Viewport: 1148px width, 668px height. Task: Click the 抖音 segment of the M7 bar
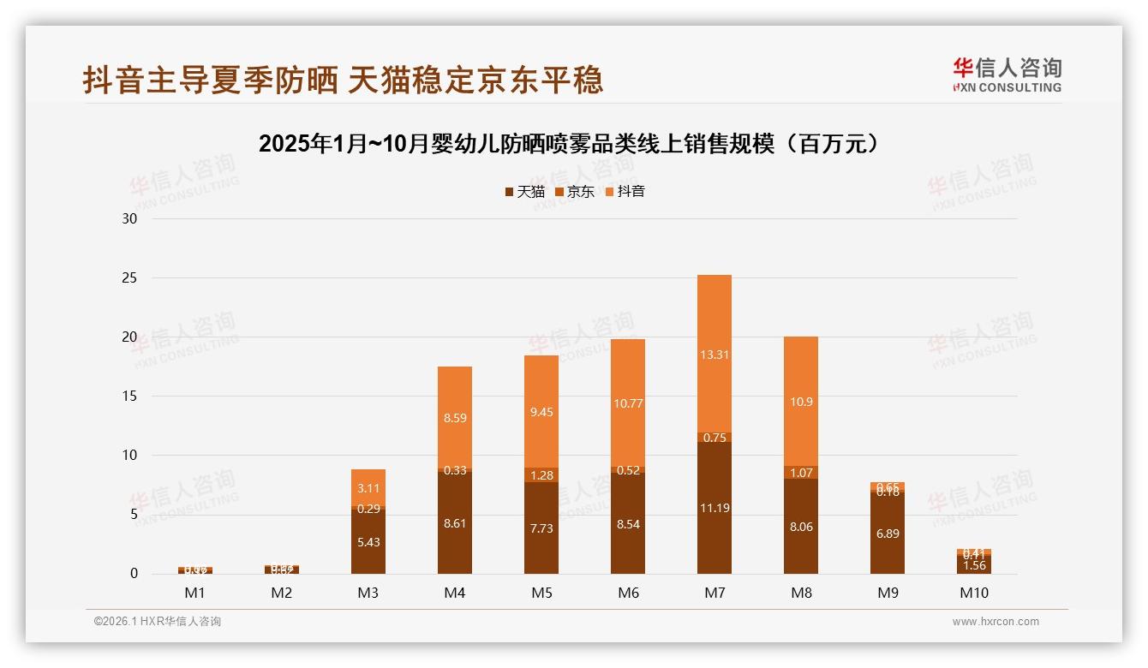point(715,354)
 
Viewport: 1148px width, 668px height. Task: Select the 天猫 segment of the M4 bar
point(455,522)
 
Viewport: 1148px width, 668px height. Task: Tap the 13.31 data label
point(715,355)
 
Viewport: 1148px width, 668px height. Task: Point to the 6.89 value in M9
point(888,534)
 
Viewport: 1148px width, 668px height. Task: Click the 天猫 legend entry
point(524,192)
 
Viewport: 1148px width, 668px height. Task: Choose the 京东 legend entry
point(575,192)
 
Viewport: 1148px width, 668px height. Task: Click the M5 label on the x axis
point(541,593)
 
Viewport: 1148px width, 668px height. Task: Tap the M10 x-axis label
point(973,593)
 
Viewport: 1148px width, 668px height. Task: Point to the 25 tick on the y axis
point(129,277)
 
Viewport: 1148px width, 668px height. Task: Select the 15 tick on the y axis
point(129,396)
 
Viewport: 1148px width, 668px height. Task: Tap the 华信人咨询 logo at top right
point(1007,75)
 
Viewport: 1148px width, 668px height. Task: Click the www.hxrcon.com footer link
point(996,622)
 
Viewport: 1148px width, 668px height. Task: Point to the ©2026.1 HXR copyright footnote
point(158,622)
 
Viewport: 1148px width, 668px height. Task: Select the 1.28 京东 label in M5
point(541,475)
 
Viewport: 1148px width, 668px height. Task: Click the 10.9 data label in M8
point(801,402)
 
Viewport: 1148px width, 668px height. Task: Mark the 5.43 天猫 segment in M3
point(368,542)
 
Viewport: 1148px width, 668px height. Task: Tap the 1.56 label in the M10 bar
point(973,566)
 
